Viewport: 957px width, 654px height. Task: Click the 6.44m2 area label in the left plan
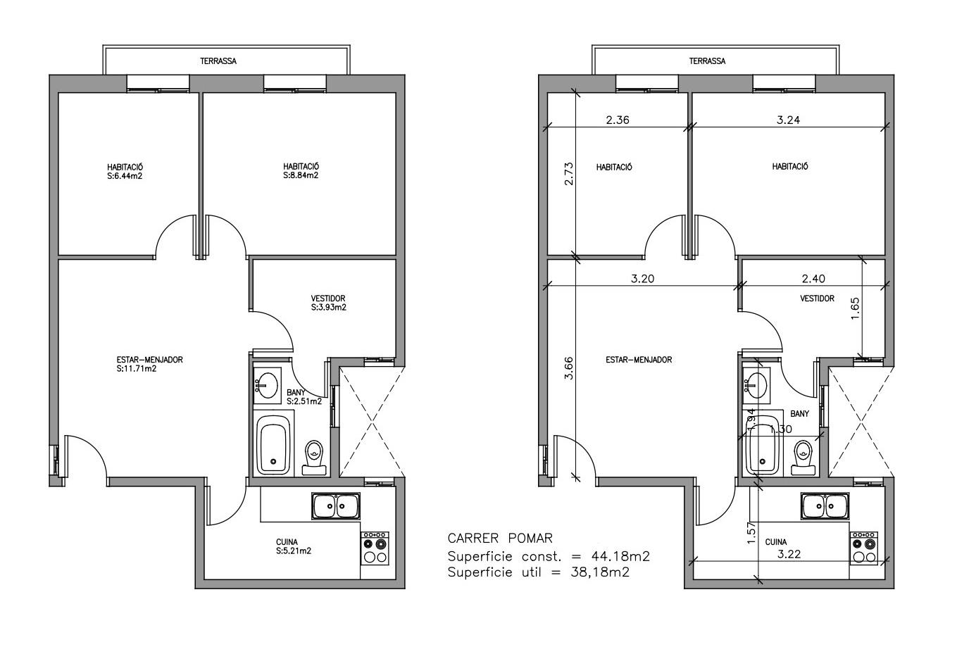coord(125,176)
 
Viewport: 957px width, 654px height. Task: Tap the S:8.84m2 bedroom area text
coord(301,175)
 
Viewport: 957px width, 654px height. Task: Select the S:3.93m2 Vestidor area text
coord(329,308)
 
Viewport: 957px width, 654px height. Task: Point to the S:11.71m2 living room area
coord(137,369)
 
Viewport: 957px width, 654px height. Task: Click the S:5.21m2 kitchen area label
coord(294,551)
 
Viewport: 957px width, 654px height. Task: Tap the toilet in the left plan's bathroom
coord(314,458)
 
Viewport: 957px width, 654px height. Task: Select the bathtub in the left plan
coord(273,445)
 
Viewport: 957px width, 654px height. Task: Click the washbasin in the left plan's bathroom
coord(267,385)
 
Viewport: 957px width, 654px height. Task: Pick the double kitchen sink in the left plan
coord(336,506)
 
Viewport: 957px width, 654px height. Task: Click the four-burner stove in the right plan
coord(864,548)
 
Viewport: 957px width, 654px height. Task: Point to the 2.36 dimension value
coord(618,120)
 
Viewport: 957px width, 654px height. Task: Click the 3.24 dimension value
coord(788,120)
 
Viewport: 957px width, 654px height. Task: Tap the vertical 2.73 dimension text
coord(569,174)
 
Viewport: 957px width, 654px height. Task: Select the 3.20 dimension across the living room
coord(643,279)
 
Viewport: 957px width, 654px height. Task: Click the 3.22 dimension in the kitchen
coord(789,555)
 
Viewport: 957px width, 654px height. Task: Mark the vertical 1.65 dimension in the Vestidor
coord(855,308)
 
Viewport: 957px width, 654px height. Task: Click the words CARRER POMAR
coord(500,539)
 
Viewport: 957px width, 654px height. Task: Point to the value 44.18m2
coord(621,556)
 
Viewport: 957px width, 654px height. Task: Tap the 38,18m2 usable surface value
coord(600,572)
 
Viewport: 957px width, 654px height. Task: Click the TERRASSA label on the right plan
coord(708,61)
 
